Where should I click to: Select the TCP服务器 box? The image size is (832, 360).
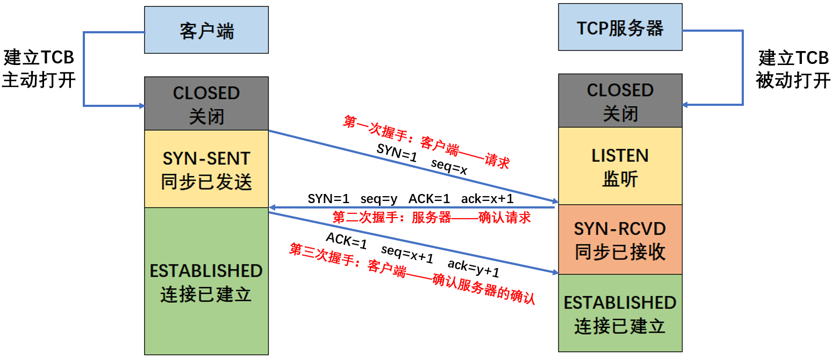[620, 28]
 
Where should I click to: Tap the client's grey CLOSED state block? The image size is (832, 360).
[206, 104]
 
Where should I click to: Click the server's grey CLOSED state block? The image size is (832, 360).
[620, 101]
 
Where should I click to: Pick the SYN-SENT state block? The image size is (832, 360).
[206, 169]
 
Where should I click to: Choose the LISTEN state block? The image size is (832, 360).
[620, 166]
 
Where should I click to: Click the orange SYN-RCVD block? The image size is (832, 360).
[620, 240]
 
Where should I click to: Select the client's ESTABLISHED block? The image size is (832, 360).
[206, 281]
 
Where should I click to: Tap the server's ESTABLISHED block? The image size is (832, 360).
[620, 313]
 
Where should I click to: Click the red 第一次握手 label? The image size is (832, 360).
[426, 140]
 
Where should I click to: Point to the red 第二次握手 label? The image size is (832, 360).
[432, 218]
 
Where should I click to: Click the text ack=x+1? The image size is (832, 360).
[487, 199]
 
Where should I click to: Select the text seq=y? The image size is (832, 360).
[379, 199]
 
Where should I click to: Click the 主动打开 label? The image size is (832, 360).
[39, 80]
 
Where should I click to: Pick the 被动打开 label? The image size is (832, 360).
[793, 80]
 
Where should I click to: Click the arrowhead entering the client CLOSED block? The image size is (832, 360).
[141, 105]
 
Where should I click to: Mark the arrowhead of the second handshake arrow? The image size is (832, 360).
[272, 207]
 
